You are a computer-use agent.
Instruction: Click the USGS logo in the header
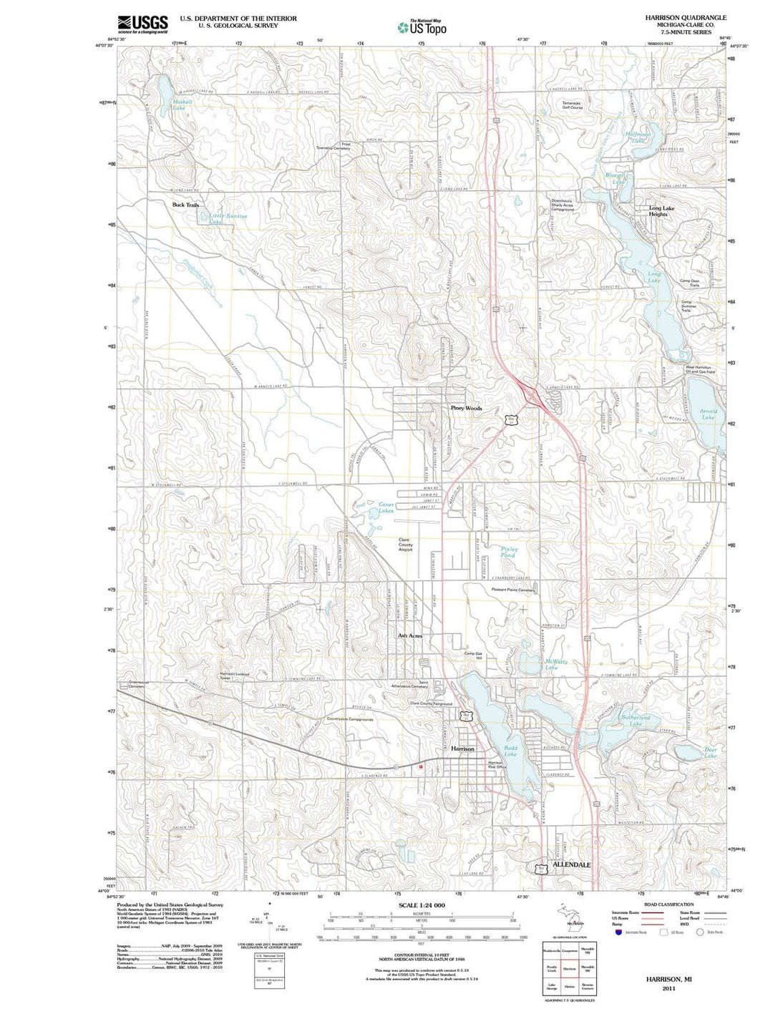[x=142, y=24]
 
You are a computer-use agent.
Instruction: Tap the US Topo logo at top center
[x=422, y=26]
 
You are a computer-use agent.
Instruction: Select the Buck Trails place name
[x=185, y=205]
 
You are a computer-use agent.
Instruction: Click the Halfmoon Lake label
[x=638, y=137]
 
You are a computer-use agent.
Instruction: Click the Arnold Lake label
[x=708, y=414]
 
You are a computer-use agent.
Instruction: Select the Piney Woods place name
[x=466, y=408]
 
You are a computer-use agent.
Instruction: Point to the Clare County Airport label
[x=405, y=545]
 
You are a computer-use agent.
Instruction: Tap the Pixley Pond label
[x=507, y=552]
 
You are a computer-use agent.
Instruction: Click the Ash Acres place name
[x=409, y=635]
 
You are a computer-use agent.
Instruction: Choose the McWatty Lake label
[x=555, y=664]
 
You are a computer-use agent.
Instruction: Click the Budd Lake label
[x=510, y=751]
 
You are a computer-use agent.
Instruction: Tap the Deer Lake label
[x=710, y=753]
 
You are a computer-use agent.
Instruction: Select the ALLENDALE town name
[x=571, y=864]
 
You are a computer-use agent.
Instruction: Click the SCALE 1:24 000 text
[x=419, y=905]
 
